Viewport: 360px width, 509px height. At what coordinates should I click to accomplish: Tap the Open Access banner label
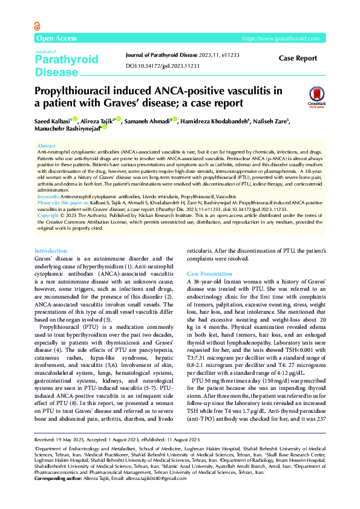point(57,39)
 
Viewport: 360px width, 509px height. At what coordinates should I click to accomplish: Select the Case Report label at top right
point(297,59)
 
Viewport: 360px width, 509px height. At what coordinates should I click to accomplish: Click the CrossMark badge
point(316,95)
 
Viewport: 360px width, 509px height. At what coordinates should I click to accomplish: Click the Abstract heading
point(47,146)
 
